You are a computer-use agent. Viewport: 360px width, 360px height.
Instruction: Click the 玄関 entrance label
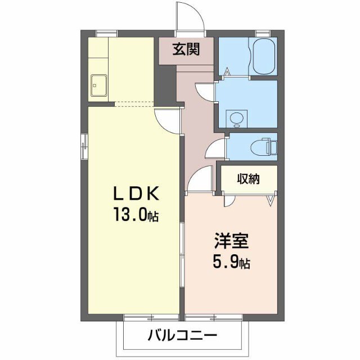point(184,49)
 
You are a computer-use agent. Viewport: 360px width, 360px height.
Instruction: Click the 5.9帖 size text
point(231,262)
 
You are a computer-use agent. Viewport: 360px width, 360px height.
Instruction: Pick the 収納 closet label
point(248,179)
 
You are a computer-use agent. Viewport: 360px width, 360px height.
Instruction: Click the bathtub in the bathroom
point(263,56)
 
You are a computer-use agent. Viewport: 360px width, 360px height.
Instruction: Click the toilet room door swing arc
point(214,150)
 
